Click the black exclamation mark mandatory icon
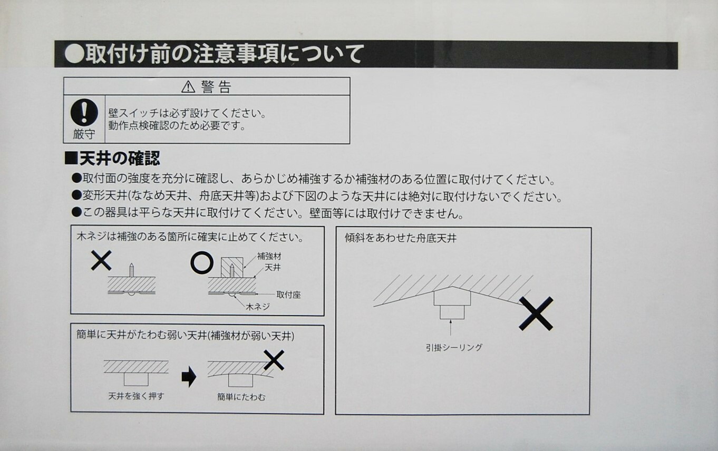(x=84, y=112)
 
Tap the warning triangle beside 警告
(x=188, y=87)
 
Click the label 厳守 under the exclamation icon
(x=84, y=134)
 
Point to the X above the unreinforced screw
(x=101, y=260)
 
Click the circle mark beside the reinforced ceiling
(x=202, y=262)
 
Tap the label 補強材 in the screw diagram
(x=269, y=256)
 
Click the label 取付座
(x=288, y=295)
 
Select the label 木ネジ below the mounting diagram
(x=258, y=306)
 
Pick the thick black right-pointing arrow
(x=189, y=377)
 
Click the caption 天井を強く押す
(x=136, y=396)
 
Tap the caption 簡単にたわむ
(x=241, y=397)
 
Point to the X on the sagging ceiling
(x=274, y=360)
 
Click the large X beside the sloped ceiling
(x=536, y=313)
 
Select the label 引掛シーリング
(x=454, y=347)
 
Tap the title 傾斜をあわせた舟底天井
(x=400, y=238)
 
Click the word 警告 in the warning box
(x=216, y=87)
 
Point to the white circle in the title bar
(x=74, y=54)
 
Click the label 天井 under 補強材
(x=272, y=268)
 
